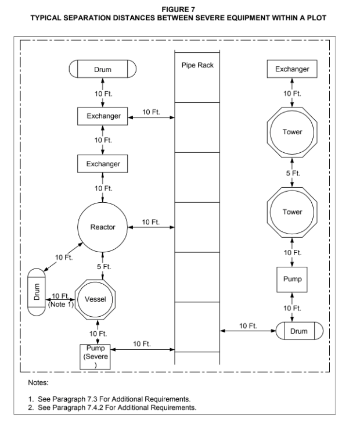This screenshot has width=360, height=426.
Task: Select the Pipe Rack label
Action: [197, 65]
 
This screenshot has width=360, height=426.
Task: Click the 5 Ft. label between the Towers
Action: [293, 173]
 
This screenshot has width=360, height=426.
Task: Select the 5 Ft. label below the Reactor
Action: [104, 267]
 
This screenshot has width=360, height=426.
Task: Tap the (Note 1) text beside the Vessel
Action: [61, 305]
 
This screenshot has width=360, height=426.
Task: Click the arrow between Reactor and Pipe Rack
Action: [151, 227]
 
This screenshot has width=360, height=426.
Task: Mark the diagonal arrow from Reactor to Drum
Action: [63, 257]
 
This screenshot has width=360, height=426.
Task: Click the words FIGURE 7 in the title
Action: [178, 9]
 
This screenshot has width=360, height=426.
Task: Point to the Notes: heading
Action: [38, 382]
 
